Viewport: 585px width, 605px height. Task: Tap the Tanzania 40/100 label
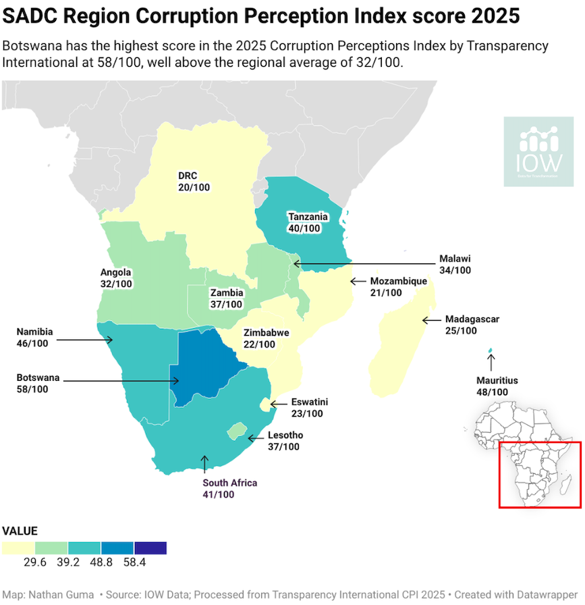(308, 223)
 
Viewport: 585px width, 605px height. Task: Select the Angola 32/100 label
(116, 278)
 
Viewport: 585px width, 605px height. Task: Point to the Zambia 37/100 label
(226, 298)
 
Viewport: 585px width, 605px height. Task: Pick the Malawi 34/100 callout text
(454, 264)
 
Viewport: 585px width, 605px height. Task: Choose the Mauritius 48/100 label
(497, 386)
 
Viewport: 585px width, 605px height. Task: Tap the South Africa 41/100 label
(229, 489)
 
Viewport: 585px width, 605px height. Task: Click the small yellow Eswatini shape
(265, 404)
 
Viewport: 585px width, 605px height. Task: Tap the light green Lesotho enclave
(235, 430)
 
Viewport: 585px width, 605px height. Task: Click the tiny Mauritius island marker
(491, 350)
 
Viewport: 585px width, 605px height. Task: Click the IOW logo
(539, 151)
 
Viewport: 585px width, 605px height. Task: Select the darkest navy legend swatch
(150, 548)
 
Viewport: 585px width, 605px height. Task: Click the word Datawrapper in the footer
(543, 594)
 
